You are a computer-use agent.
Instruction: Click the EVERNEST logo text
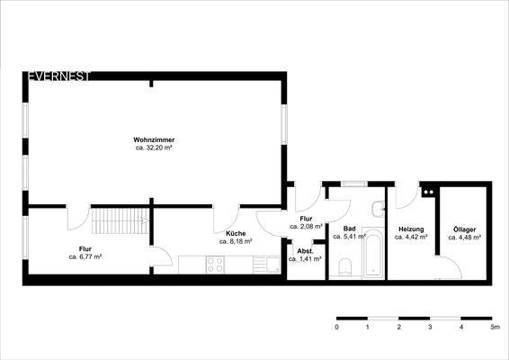click(58, 76)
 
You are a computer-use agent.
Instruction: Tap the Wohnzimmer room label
click(153, 139)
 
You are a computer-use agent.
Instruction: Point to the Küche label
click(236, 233)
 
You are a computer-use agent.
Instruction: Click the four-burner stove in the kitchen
click(216, 265)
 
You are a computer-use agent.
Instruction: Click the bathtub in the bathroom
click(373, 255)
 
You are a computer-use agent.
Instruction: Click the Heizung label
click(411, 229)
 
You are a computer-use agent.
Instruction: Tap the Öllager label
click(464, 229)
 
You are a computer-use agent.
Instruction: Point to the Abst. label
click(304, 251)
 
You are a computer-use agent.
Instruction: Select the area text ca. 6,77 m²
click(85, 256)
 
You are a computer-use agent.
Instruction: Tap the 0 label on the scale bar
click(336, 328)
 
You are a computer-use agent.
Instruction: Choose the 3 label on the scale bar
click(430, 328)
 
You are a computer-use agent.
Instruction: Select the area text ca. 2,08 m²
click(306, 226)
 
